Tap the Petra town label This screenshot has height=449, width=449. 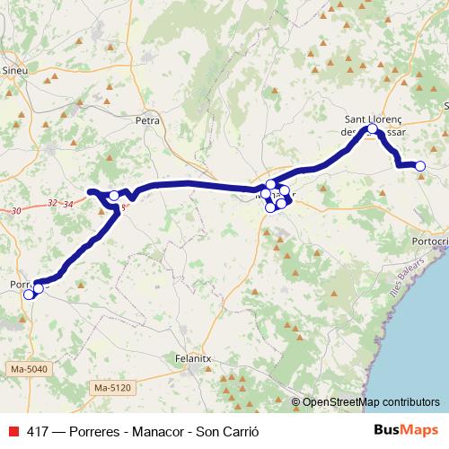(x=146, y=119)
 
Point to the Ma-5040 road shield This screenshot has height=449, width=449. (x=30, y=369)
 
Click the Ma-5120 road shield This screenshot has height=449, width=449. (x=112, y=387)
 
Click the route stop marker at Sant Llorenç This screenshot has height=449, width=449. (x=373, y=129)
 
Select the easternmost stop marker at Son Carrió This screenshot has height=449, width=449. (x=419, y=165)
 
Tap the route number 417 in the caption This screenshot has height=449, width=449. (x=39, y=429)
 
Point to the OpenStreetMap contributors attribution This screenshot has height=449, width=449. (x=371, y=401)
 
